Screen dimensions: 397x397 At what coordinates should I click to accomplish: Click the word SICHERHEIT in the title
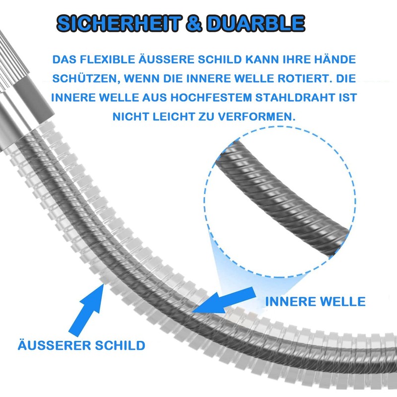[x=119, y=23]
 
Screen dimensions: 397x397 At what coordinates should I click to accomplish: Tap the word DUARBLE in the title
[x=256, y=23]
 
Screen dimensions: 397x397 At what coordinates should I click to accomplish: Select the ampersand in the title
[x=194, y=23]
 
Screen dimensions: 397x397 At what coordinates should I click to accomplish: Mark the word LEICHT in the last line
[x=174, y=117]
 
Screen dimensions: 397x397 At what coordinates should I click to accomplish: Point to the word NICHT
[x=131, y=117]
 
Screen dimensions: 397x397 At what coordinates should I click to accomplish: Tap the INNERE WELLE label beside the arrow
[x=316, y=302]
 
